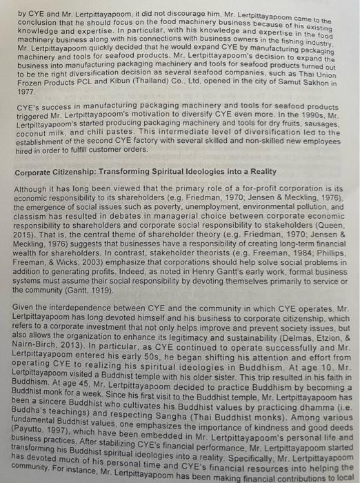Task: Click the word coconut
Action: [x=32, y=135]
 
